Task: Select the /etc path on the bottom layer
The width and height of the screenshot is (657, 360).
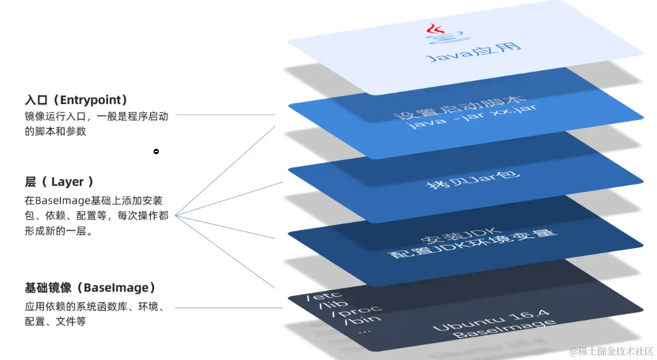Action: [x=325, y=297]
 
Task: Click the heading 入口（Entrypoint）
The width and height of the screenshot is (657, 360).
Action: [x=77, y=100]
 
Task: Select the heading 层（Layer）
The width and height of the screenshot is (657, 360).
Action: [x=59, y=182]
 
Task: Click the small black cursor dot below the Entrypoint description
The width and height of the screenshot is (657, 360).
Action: [x=156, y=152]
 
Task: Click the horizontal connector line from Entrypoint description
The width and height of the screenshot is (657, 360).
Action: [x=225, y=115]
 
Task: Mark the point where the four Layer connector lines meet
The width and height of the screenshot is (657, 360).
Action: [x=175, y=215]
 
